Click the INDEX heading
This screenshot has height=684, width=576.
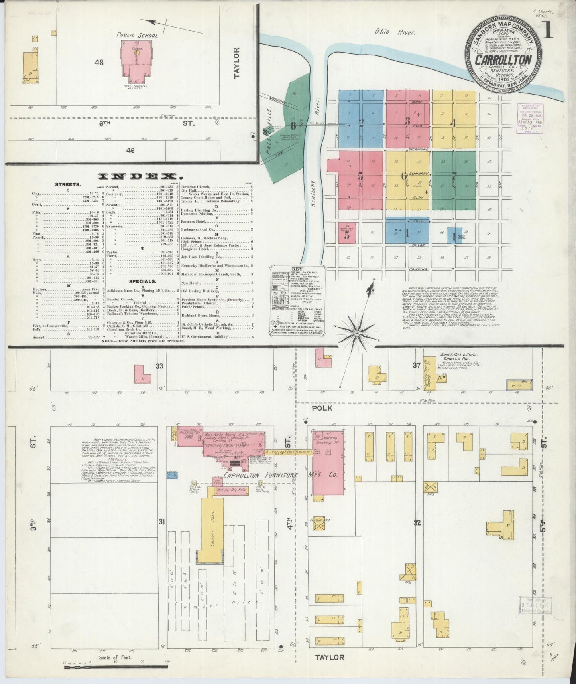click(x=138, y=176)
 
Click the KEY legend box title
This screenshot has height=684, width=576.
click(x=295, y=269)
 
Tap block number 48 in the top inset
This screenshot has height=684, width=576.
click(x=99, y=62)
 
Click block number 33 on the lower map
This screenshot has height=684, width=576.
click(x=159, y=366)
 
